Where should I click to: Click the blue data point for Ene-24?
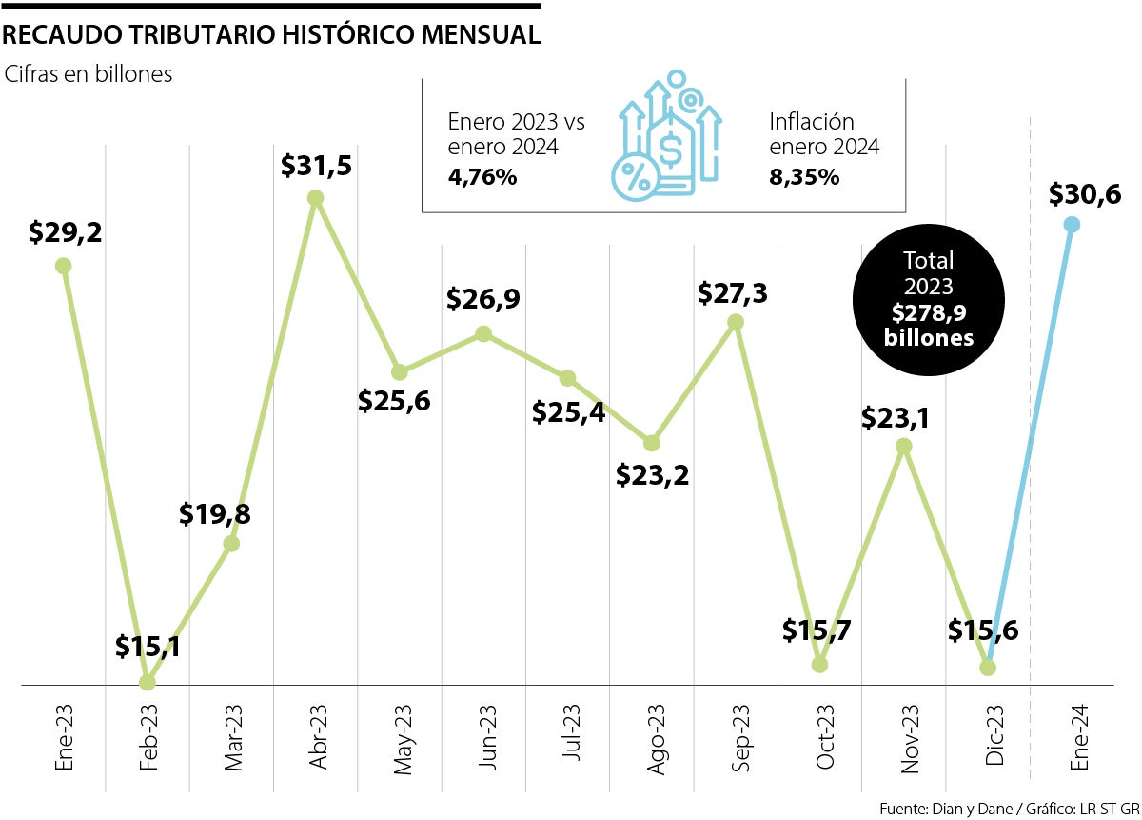pyautogui.click(x=1072, y=225)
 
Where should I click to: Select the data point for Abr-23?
pyautogui.click(x=316, y=198)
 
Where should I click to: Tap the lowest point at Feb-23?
pyautogui.click(x=147, y=682)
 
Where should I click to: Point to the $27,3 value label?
pyautogui.click(x=733, y=292)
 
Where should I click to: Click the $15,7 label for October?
pyautogui.click(x=817, y=630)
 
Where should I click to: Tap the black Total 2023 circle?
pyautogui.click(x=929, y=298)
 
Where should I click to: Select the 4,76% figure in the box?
pyautogui.click(x=482, y=177)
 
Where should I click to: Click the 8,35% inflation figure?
pyautogui.click(x=804, y=177)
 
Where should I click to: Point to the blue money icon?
pyautogui.click(x=665, y=137)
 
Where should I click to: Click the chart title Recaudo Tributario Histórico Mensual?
pyautogui.click(x=272, y=35)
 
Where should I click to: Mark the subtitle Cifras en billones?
pyautogui.click(x=89, y=74)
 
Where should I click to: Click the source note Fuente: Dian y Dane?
pyautogui.click(x=1008, y=809)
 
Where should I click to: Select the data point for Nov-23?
pyautogui.click(x=904, y=446)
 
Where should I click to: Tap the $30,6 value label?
pyautogui.click(x=1086, y=195)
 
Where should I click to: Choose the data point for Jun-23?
pyautogui.click(x=483, y=333)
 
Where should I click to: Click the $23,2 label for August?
pyautogui.click(x=653, y=473)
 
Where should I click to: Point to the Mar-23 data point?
pyautogui.click(x=230, y=544)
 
